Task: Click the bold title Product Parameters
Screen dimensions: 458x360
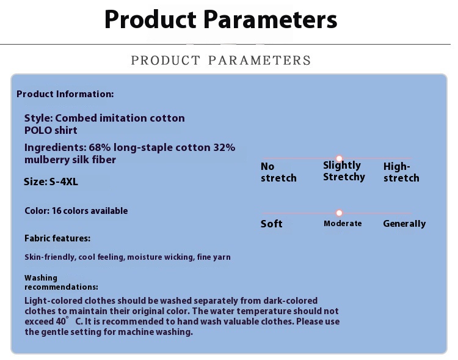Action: click(221, 20)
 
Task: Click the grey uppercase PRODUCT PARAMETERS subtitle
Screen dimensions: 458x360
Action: click(221, 61)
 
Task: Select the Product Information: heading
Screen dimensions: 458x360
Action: click(65, 94)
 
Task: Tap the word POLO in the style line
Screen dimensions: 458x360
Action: click(37, 130)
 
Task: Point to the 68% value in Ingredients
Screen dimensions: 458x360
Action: click(100, 147)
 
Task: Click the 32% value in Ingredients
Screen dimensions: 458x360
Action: click(224, 147)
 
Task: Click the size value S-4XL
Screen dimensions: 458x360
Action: click(64, 182)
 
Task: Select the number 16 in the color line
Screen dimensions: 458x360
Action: click(56, 211)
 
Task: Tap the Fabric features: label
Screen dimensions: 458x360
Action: click(57, 238)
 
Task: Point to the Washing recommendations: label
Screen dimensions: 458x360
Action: click(61, 282)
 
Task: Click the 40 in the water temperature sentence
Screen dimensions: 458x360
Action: click(60, 321)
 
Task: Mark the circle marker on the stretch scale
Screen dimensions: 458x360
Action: click(339, 158)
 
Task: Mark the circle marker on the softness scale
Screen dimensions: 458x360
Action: click(339, 213)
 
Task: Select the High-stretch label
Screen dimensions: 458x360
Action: click(401, 172)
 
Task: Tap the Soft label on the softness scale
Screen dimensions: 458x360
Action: click(271, 224)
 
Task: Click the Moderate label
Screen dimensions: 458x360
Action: click(343, 224)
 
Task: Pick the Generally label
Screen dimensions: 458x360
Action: click(404, 224)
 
